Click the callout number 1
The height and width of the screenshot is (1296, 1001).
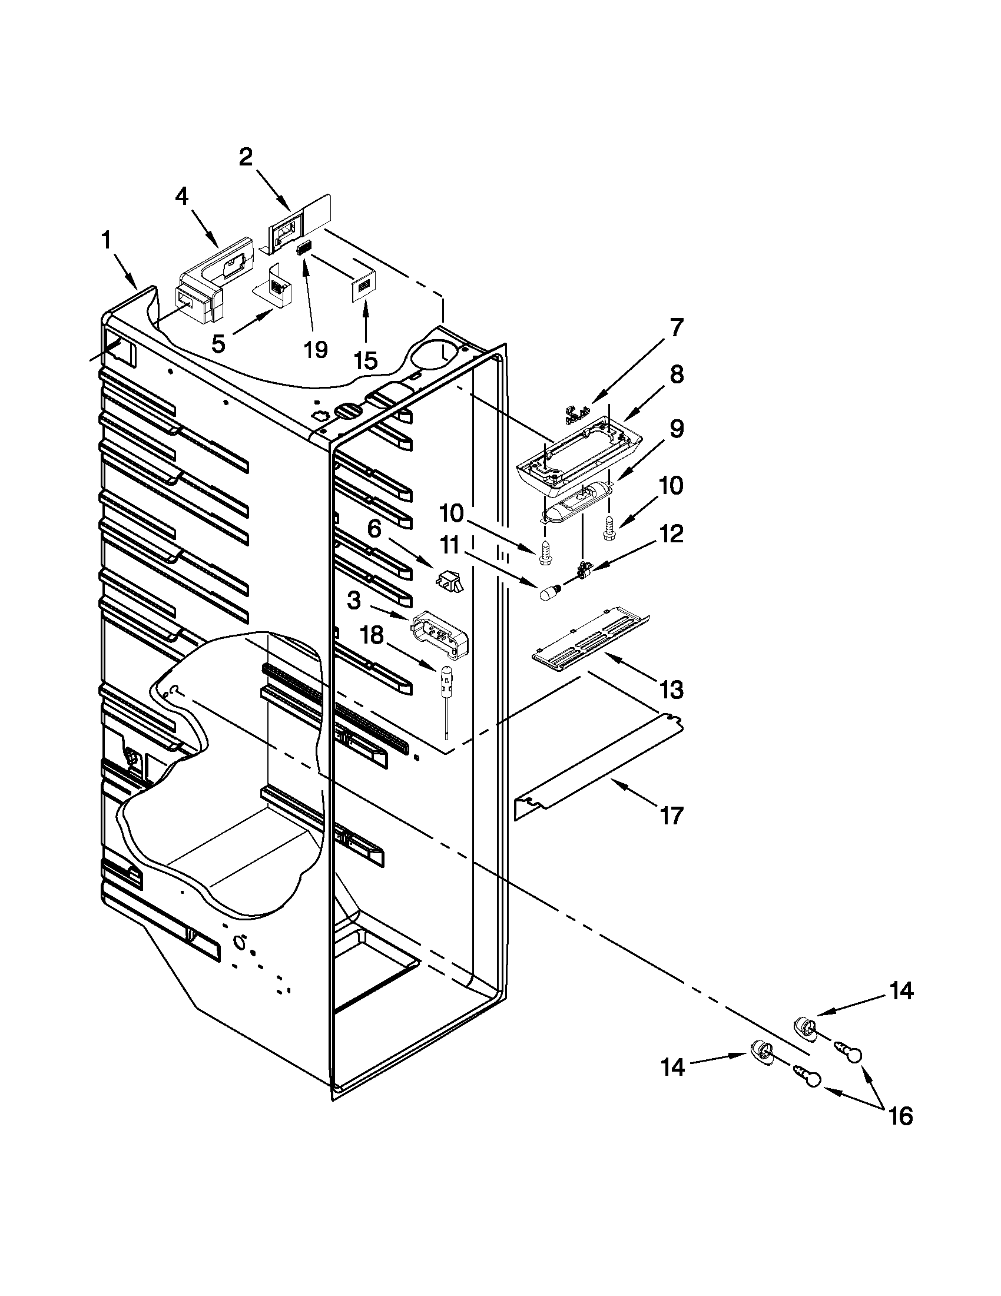106,241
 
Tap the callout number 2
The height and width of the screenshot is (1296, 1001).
246,157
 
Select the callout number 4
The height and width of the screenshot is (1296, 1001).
181,197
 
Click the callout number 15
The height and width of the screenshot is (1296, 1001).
366,360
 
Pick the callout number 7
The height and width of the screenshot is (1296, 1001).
677,327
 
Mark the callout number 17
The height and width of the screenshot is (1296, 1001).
672,816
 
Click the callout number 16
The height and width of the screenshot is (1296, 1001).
901,1116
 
